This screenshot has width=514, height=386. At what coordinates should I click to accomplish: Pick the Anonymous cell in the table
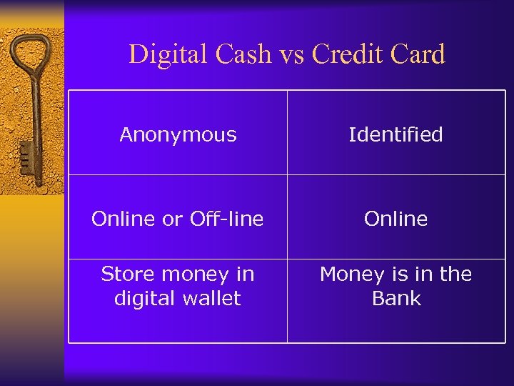178,134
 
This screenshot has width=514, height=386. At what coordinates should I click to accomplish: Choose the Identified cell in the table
395,134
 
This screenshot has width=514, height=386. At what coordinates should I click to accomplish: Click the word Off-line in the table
226,219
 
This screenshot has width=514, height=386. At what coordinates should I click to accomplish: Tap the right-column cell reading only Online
395,219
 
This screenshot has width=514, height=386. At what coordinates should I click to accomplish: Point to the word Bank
396,298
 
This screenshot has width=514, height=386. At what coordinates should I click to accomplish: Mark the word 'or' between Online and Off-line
172,219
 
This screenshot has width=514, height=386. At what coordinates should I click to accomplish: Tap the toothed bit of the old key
26,154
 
